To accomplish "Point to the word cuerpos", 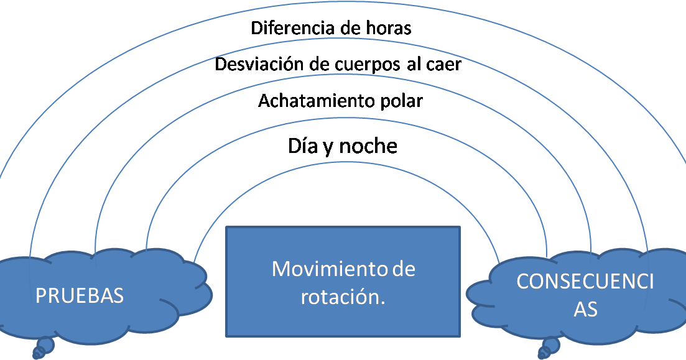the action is pyautogui.click(x=361, y=65).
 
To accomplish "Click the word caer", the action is pyautogui.click(x=443, y=64).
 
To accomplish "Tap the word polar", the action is pyautogui.click(x=400, y=101).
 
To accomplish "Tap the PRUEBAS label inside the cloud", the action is pyautogui.click(x=80, y=295).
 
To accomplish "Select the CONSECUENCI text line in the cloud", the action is pyautogui.click(x=585, y=282).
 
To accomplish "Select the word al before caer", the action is pyautogui.click(x=415, y=64).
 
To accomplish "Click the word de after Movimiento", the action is pyautogui.click(x=404, y=269).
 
